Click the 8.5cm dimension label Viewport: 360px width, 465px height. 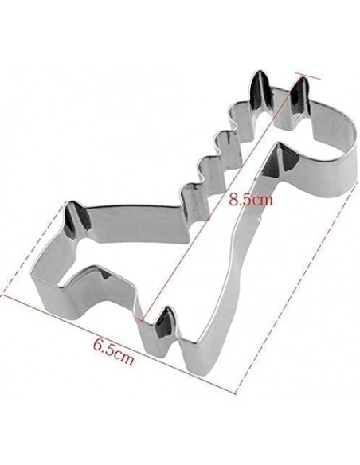point(251,200)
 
